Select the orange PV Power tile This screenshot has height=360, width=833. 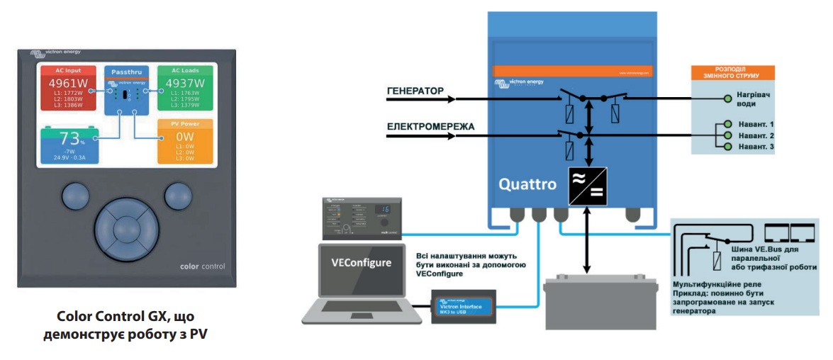(185, 141)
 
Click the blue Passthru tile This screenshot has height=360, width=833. (127, 91)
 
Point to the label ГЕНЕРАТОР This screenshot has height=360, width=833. (415, 91)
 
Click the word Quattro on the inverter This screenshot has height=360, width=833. (526, 184)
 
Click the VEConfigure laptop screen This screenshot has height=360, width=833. (362, 264)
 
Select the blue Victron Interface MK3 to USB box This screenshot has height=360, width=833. (466, 306)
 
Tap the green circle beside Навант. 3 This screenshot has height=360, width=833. (726, 146)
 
